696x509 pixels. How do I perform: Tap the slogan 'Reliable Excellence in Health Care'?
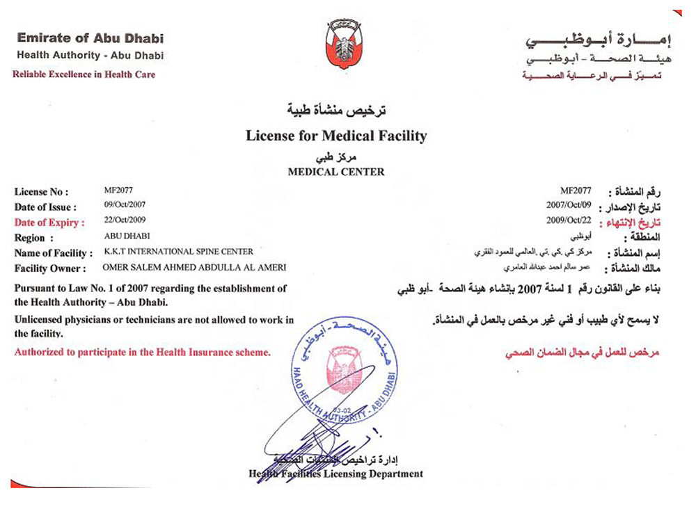pos(84,74)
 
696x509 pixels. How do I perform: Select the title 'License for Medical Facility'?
pos(336,135)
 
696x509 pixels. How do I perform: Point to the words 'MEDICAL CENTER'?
pos(336,172)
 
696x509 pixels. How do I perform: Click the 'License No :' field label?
pos(41,192)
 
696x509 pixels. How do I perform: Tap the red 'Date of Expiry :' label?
pos(49,223)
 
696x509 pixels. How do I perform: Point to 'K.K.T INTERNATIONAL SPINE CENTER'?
pos(179,252)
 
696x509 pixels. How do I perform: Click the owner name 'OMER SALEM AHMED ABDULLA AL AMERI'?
pos(195,268)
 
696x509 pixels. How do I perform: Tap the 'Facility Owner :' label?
pos(51,268)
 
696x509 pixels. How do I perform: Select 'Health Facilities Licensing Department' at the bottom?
pos(336,474)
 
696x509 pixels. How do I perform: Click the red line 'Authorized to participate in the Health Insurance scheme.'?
pos(143,353)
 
